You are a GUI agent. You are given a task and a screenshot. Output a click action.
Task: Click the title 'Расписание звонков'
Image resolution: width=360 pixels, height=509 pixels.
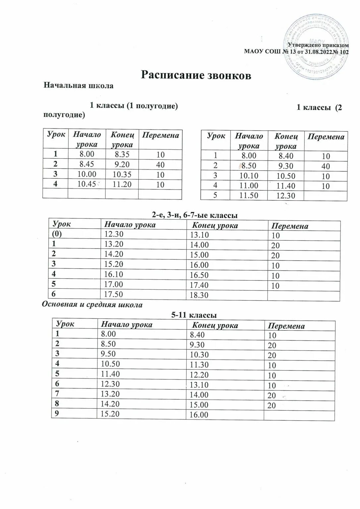click(196, 75)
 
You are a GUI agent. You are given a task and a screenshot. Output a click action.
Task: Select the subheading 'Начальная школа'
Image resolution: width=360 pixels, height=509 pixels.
click(79, 86)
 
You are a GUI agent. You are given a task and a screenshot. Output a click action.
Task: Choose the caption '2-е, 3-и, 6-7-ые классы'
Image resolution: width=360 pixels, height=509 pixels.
click(195, 215)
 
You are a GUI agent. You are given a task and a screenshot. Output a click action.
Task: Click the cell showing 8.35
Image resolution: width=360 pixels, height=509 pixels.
click(122, 154)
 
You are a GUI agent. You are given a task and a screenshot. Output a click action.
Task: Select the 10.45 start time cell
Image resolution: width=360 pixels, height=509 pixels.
click(87, 184)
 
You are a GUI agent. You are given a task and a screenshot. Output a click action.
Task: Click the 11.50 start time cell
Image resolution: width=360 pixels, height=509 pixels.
click(249, 196)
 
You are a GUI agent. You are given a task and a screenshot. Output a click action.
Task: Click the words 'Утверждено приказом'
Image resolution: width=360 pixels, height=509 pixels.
click(318, 45)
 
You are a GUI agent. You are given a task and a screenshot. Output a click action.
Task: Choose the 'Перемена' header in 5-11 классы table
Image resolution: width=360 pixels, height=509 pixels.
click(286, 326)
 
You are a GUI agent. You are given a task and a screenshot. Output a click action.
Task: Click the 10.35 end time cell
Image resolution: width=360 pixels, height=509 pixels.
click(122, 174)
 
